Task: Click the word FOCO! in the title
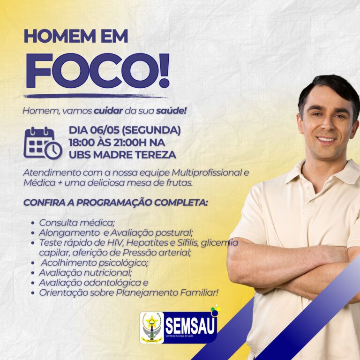[x=98, y=70]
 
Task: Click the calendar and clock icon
[x=43, y=143]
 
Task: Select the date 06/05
[x=105, y=130]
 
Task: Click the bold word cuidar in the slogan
[x=108, y=111]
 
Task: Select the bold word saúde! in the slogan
[x=171, y=111]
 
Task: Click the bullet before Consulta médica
[x=33, y=223]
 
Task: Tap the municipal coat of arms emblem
[x=151, y=327]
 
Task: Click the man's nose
[x=326, y=125]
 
